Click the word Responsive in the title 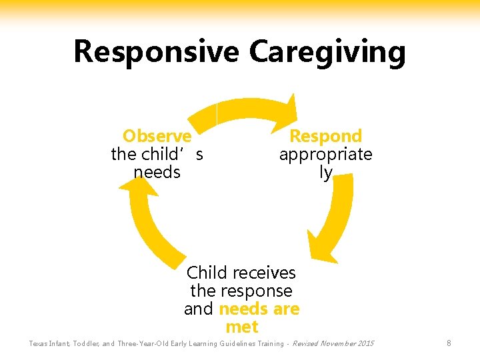157,52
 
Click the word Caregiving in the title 327,52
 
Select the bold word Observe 157,136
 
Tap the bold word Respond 325,136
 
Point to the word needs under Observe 157,173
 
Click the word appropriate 325,155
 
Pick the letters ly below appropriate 325,173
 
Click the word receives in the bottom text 264,273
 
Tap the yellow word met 241,327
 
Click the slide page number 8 449,343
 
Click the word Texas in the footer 39,344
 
